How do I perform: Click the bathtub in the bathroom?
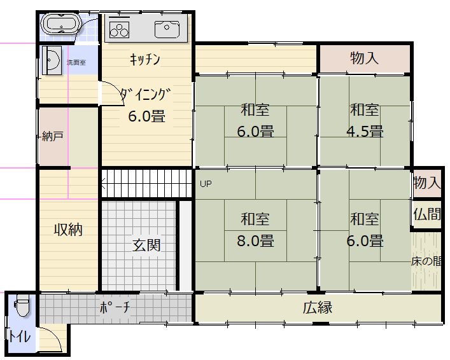point(62,24)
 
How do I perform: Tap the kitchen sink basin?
point(167,29)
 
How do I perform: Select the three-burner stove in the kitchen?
point(119,29)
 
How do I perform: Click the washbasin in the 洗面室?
point(52,60)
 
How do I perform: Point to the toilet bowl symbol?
point(22,305)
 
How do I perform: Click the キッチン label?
point(144,59)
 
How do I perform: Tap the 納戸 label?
point(53,136)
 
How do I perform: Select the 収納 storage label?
point(68,230)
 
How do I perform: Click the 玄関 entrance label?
point(146,246)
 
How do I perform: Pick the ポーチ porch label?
point(115,307)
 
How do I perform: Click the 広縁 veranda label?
point(318,307)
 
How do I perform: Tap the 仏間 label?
point(427,214)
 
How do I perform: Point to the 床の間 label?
point(426,261)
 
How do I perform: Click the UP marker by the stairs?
point(206,184)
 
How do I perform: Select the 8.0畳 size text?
point(255,240)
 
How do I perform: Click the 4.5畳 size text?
point(365,131)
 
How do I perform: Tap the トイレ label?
point(19,336)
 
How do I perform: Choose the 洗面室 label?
point(76,62)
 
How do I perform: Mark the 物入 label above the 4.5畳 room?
point(364,59)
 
